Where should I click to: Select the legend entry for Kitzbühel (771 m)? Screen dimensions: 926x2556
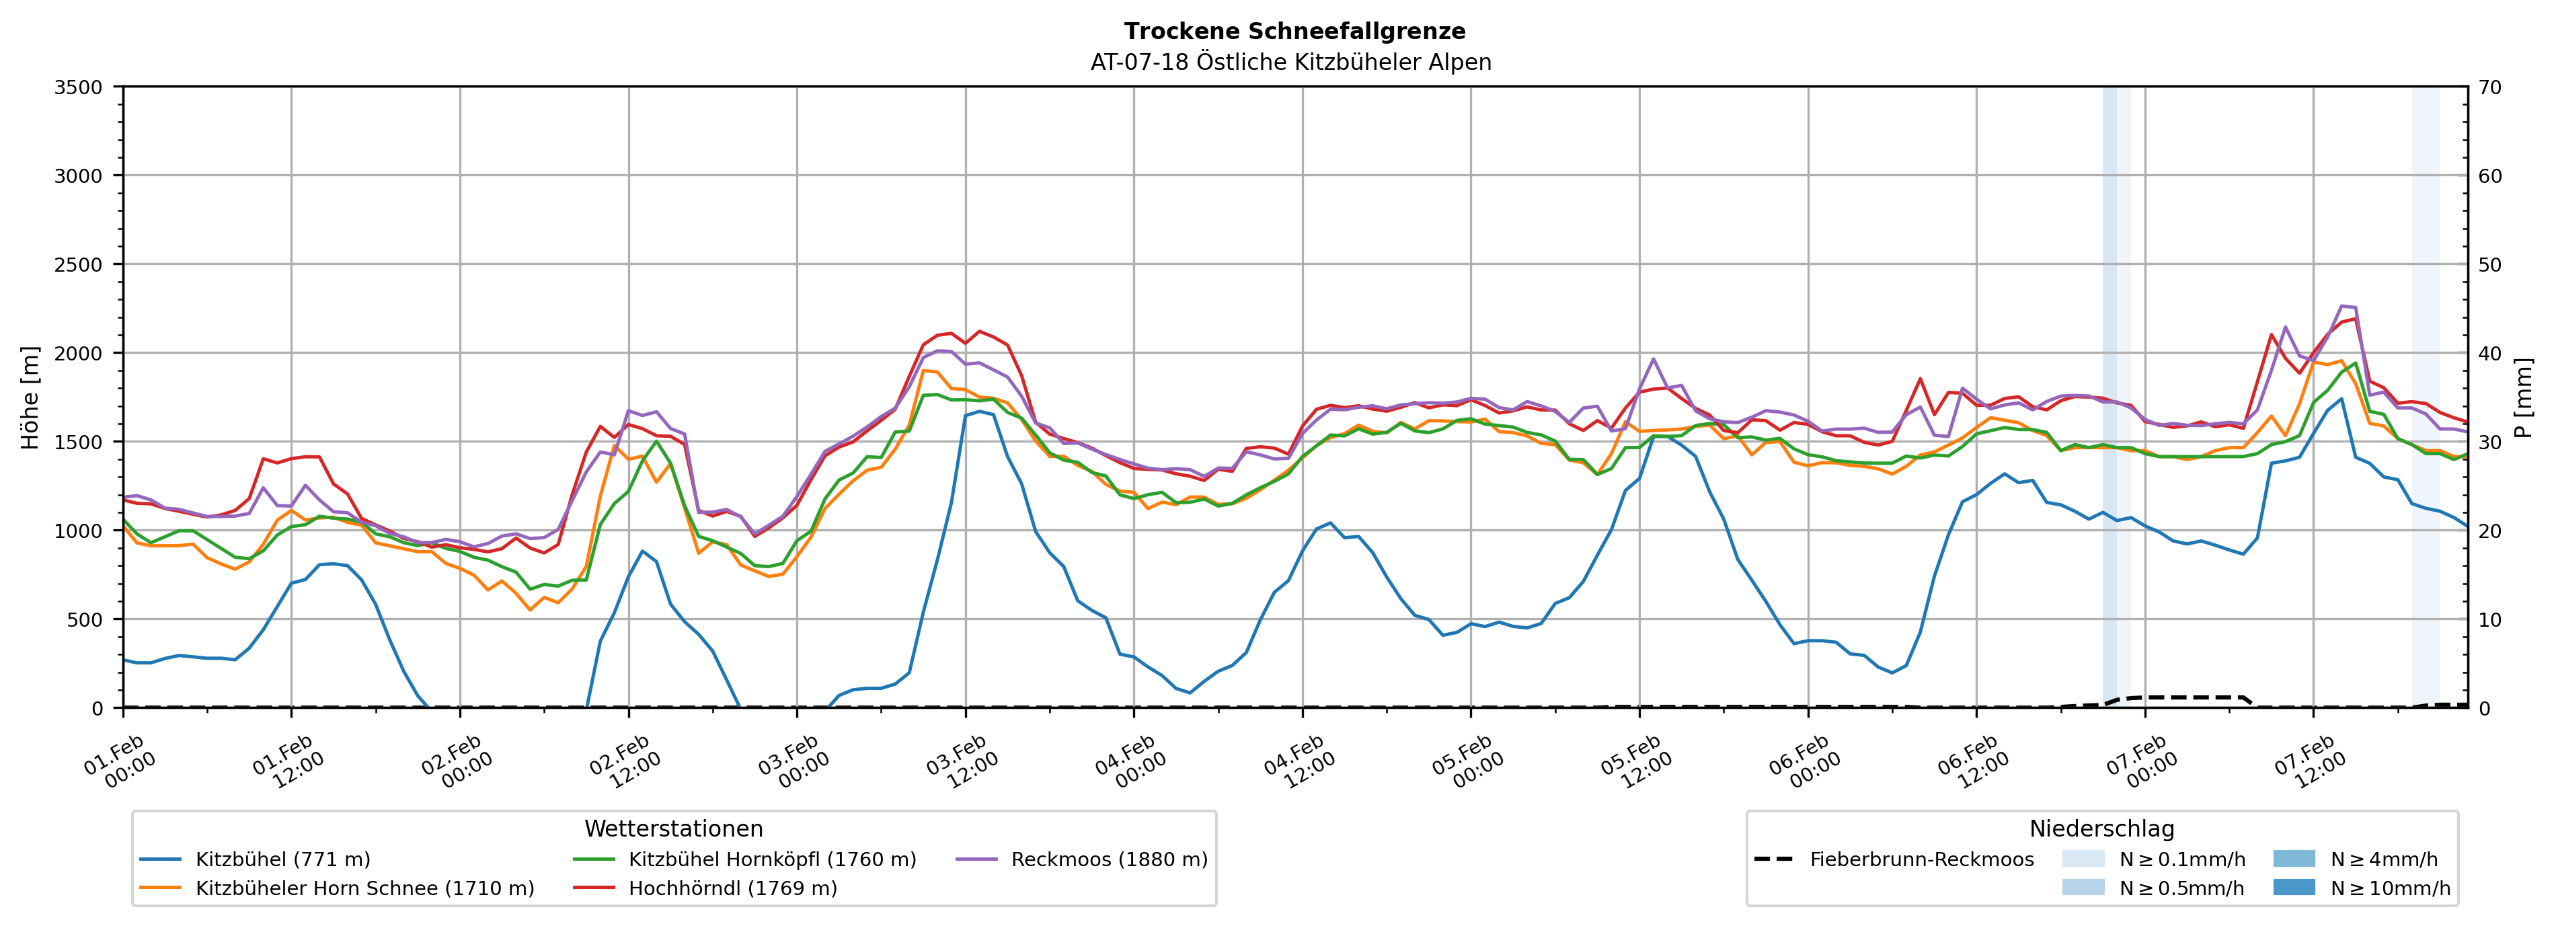point(283,859)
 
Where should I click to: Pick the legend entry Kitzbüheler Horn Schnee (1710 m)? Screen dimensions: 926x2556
point(364,888)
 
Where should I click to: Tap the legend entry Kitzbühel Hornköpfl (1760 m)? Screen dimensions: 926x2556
point(772,859)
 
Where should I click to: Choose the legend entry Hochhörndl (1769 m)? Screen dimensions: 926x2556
point(732,888)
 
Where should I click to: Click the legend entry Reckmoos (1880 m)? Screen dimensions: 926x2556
point(1108,859)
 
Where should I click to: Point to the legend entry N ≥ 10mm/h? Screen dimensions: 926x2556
point(2389,888)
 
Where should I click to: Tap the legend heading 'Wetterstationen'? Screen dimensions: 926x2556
point(674,828)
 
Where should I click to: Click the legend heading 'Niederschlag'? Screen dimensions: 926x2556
point(2101,828)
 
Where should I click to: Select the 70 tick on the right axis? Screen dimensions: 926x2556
point(2489,87)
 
